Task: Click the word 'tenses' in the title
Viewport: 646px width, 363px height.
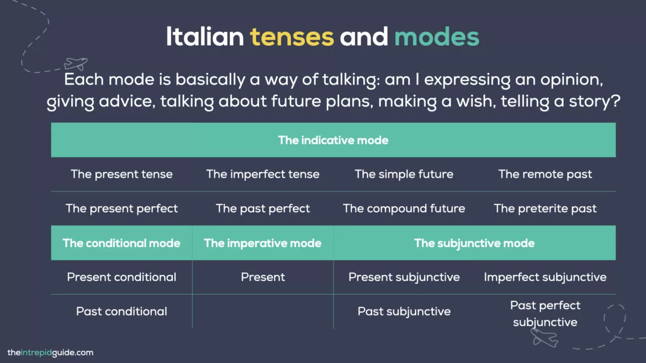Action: pos(292,38)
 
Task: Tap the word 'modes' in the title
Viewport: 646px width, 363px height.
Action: pos(436,38)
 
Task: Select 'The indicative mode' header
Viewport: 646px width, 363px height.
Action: pos(333,140)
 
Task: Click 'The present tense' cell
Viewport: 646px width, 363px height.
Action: pos(121,174)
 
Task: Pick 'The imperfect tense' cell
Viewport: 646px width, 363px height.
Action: pos(263,174)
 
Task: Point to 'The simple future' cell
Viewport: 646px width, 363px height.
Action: pos(404,174)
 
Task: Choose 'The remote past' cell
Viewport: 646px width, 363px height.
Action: pos(545,174)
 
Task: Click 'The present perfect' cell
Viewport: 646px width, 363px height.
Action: pos(121,209)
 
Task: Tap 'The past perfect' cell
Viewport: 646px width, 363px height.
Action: pos(263,209)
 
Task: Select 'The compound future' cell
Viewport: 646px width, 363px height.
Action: pos(404,209)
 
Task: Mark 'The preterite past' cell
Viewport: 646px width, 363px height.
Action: pos(545,209)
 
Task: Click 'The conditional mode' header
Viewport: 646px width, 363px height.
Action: pos(121,243)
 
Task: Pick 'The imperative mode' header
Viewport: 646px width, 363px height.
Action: pos(263,243)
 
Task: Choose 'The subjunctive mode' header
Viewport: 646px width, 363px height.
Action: pos(474,243)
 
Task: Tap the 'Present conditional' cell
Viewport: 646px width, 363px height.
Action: pos(121,277)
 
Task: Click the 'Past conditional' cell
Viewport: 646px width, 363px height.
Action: pos(121,311)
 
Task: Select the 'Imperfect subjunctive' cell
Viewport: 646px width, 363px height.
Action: pos(545,277)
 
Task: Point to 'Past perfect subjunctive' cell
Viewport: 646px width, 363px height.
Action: pos(545,313)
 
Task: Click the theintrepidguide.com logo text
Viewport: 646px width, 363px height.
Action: pos(50,353)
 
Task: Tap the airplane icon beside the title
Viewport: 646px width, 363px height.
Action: pos(76,63)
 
